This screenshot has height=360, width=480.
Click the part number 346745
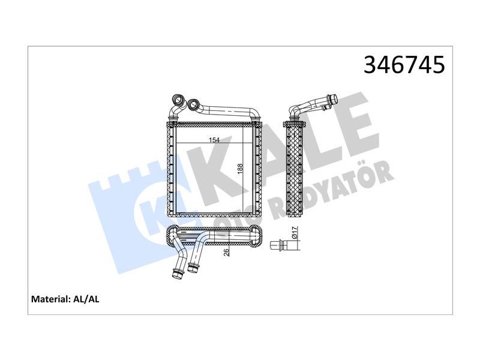[x=404, y=65]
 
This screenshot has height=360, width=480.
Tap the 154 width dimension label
[x=214, y=140]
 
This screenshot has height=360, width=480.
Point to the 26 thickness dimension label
[x=226, y=252]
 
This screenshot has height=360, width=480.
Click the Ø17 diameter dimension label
[x=295, y=233]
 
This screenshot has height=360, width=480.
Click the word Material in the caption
[x=51, y=299]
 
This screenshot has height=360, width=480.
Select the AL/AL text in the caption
[x=86, y=299]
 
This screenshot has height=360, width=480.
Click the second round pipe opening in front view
[x=193, y=105]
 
